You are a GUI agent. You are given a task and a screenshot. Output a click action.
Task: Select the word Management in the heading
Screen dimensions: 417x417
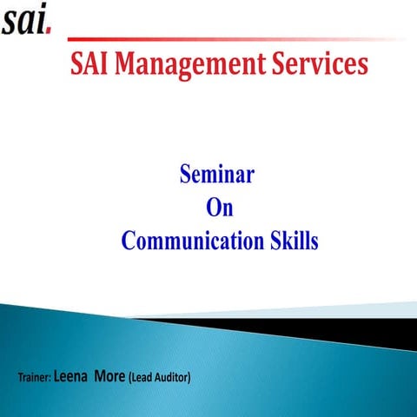189,65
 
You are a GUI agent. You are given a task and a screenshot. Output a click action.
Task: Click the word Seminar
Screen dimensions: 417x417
216,175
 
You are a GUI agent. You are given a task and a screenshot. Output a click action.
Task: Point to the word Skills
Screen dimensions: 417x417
291,241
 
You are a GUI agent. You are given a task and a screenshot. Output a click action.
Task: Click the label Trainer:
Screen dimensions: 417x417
34,378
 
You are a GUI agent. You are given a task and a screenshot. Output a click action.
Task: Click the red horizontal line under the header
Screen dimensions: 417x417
235,39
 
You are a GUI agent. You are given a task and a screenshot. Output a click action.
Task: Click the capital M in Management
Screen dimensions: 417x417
128,63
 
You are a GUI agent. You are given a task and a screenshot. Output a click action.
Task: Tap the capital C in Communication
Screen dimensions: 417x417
129,241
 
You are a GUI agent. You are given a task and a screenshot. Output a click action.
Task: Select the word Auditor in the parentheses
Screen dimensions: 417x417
170,378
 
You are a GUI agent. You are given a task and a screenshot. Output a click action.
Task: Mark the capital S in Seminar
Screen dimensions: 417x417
185,175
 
